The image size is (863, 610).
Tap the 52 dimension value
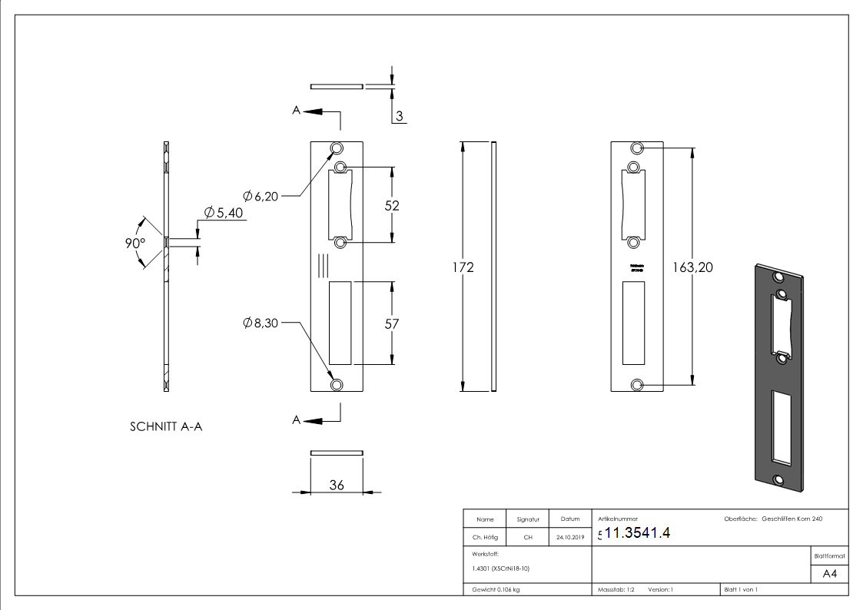392,206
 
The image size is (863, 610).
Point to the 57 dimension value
392,324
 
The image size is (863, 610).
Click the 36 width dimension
337,485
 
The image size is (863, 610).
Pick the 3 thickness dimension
400,117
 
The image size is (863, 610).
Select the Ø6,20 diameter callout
260,197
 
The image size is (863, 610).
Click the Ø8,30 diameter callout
260,323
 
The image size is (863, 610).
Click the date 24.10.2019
569,538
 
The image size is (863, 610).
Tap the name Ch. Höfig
484,538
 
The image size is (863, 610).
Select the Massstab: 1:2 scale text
616,590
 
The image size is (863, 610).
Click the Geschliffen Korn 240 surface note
792,519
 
